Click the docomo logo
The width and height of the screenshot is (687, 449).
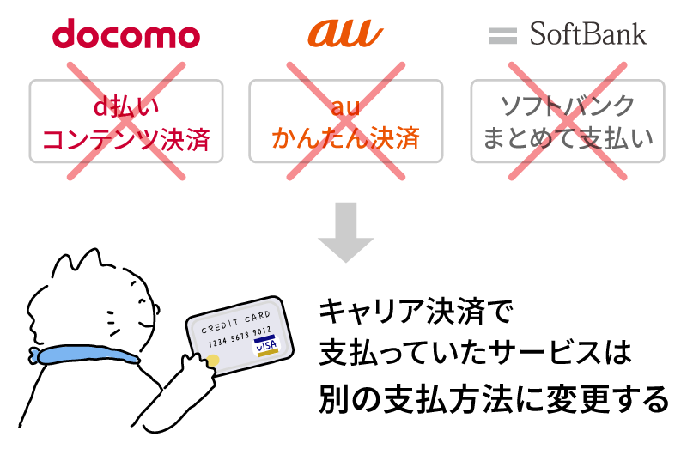point(126,33)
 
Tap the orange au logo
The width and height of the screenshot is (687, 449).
point(345,33)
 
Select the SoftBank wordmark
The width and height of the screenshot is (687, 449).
point(587,34)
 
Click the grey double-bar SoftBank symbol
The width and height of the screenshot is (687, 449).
point(502,36)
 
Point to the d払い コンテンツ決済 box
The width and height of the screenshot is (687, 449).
point(126,121)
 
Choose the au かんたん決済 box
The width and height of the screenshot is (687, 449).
point(346,121)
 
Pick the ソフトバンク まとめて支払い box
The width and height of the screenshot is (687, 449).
point(568,121)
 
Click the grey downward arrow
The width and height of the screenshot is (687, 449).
point(346,232)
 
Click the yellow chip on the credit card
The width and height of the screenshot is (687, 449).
point(212,361)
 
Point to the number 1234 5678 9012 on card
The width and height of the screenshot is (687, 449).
point(240,337)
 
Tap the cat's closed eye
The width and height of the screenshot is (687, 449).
point(143,302)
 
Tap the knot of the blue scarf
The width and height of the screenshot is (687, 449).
point(34,355)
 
